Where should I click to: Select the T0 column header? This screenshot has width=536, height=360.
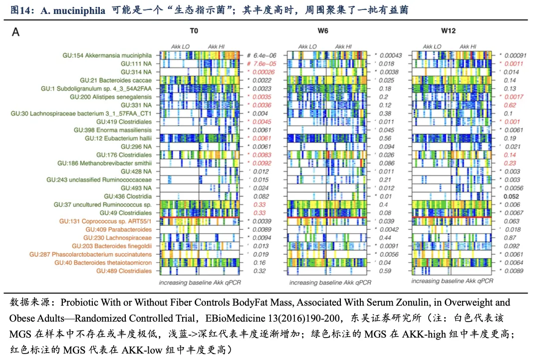[x=194, y=31]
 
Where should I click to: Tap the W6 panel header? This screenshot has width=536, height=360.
[x=323, y=31]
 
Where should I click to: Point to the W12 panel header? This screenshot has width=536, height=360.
[x=448, y=31]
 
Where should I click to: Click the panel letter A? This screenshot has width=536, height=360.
[x=16, y=32]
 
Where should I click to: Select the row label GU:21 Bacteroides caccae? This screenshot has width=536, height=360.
[x=116, y=80]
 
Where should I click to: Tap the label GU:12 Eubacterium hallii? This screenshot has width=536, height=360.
[x=118, y=138]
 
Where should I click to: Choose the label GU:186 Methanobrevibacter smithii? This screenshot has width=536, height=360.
[x=104, y=163]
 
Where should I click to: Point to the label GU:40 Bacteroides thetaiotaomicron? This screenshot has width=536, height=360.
[x=103, y=262]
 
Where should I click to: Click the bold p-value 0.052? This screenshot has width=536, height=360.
[x=513, y=196]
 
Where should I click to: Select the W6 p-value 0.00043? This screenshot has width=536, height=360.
[x=391, y=55]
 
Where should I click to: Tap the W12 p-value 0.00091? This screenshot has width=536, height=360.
[x=514, y=55]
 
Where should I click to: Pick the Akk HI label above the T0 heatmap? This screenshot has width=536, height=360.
[x=216, y=46]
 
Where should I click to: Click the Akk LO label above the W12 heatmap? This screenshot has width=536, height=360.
[x=431, y=46]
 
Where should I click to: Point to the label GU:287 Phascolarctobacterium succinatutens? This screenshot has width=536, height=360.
[x=96, y=254]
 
